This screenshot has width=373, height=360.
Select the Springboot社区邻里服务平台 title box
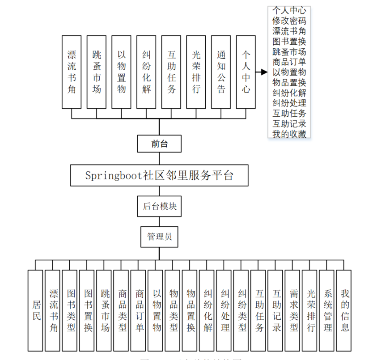click(159, 175)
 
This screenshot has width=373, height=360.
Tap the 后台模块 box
click(159, 206)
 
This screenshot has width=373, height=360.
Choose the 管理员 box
click(159, 236)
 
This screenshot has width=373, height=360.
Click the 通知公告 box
click(221, 72)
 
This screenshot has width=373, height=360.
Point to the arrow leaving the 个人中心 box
click(262, 72)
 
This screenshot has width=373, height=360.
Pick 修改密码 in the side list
click(289, 21)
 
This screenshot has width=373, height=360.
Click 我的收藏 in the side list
click(289, 134)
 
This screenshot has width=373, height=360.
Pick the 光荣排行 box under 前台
click(196, 72)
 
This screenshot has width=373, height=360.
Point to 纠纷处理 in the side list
click(289, 103)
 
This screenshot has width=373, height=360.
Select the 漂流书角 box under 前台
click(72, 72)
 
